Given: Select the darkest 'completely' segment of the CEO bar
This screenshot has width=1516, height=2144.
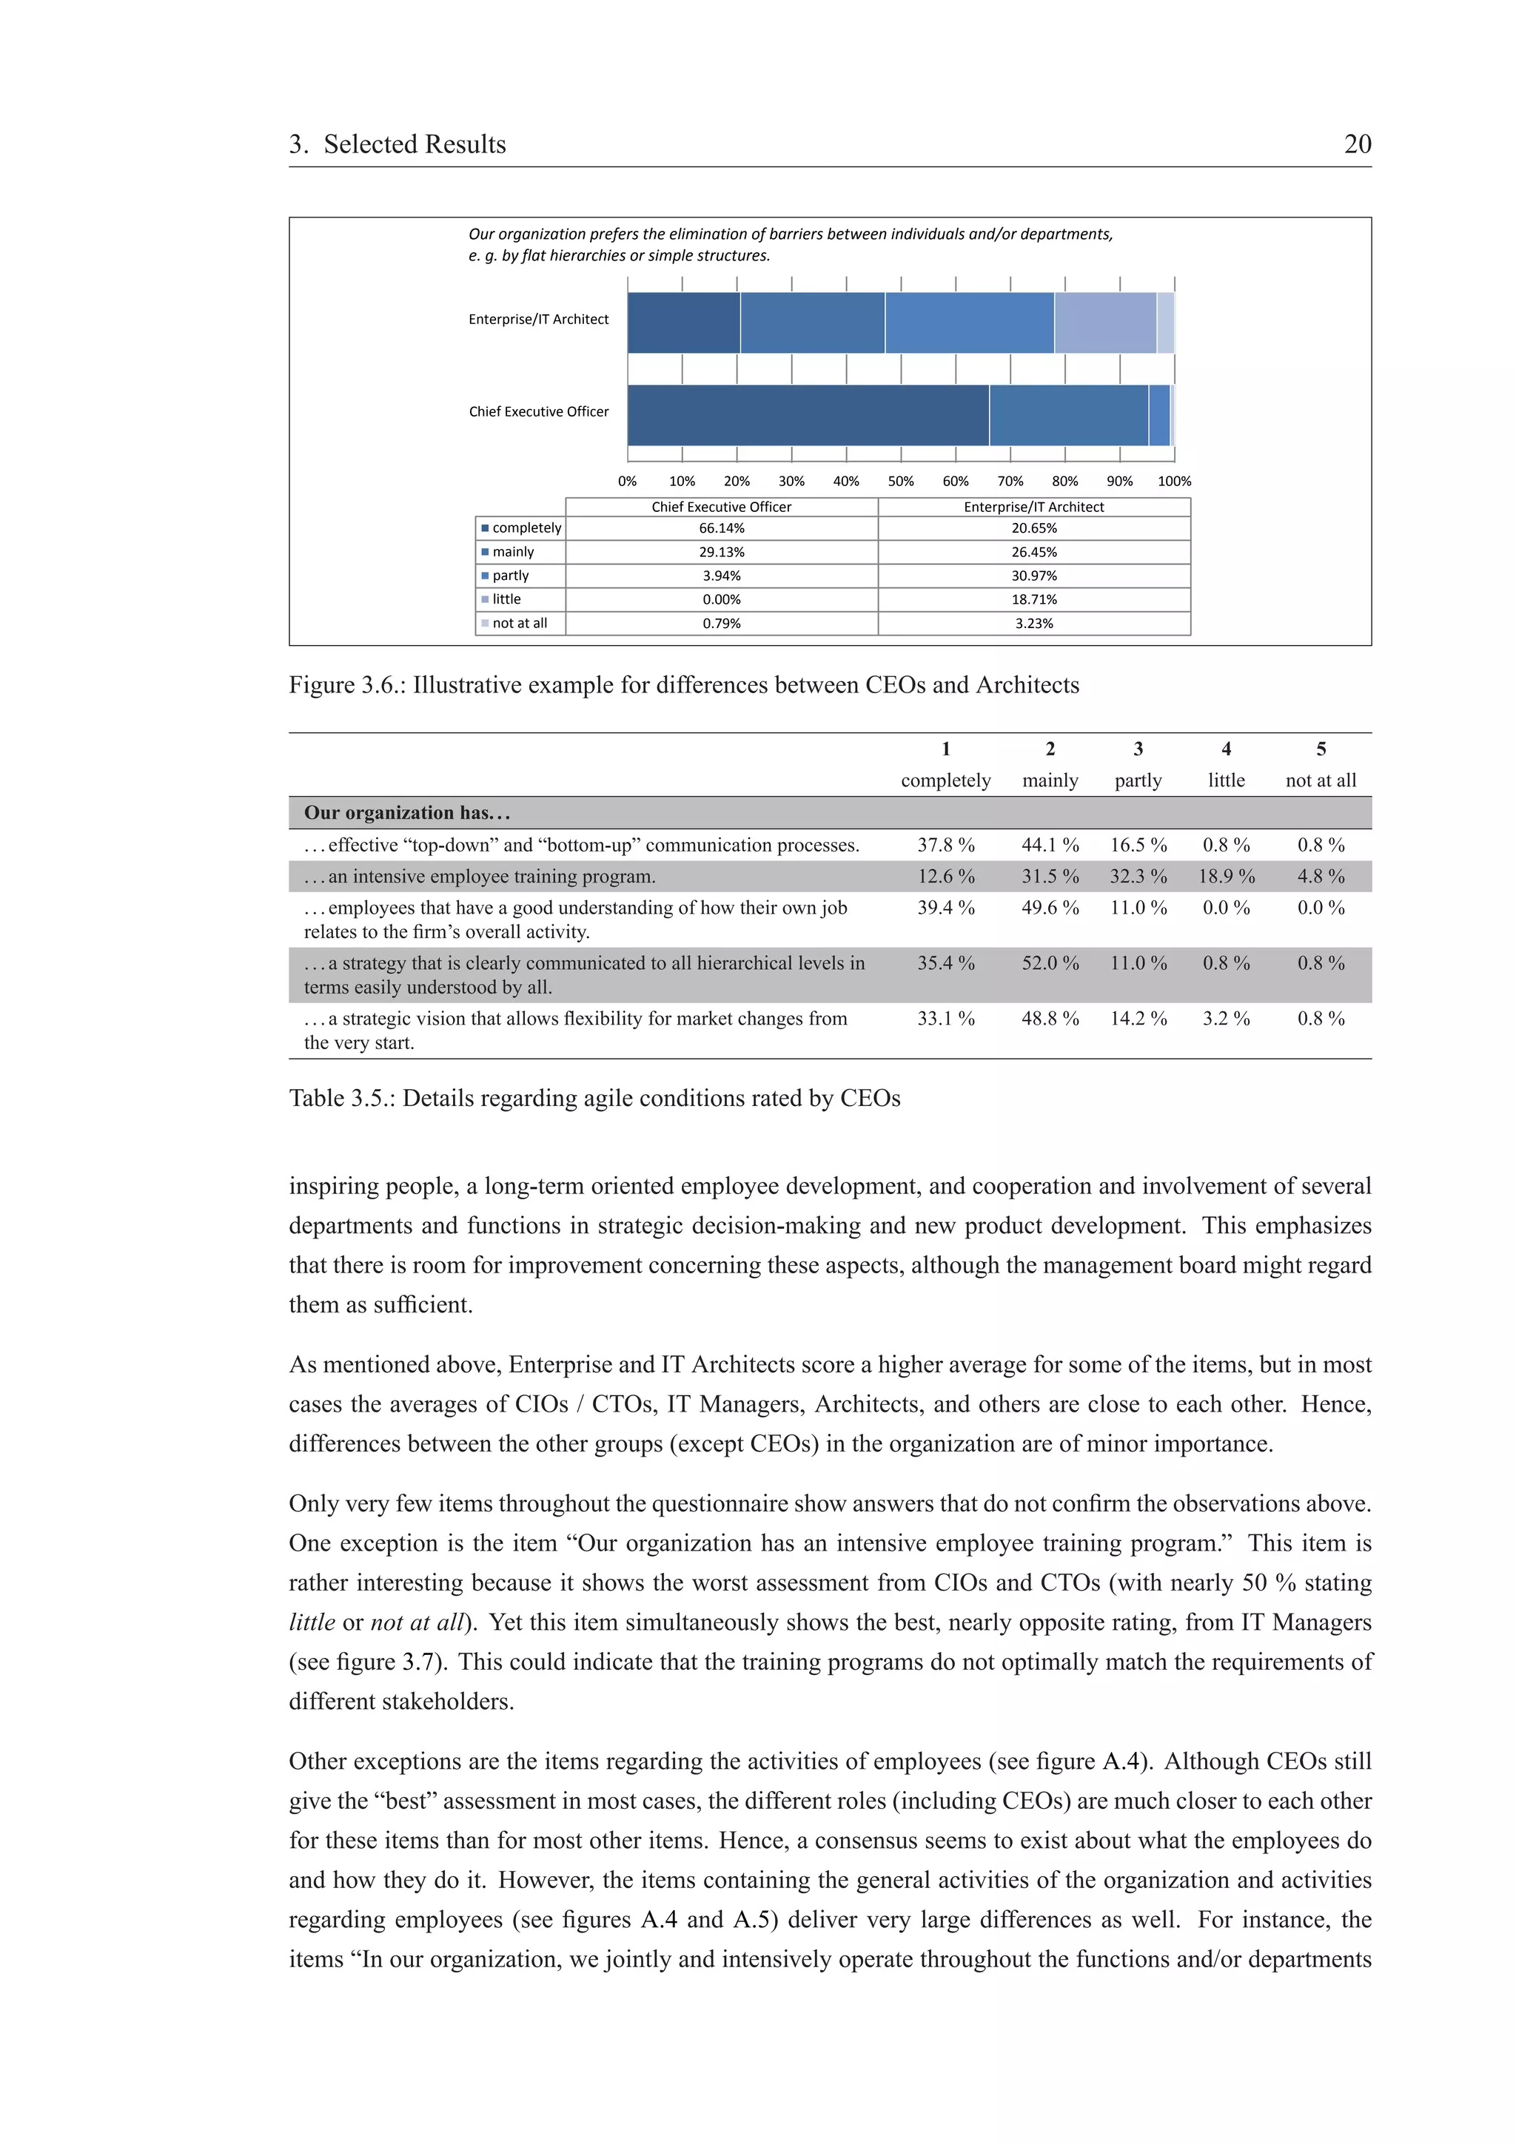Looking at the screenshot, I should pos(808,416).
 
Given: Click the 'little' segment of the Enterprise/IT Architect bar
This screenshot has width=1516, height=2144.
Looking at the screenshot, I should pos(1104,323).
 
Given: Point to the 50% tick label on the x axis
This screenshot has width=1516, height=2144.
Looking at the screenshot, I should pos(900,482).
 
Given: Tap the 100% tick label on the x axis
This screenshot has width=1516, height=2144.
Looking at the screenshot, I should pos(1174,482).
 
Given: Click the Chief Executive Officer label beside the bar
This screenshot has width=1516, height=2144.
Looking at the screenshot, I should pos(538,412).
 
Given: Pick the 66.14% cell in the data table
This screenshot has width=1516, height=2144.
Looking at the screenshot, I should pos(721,528).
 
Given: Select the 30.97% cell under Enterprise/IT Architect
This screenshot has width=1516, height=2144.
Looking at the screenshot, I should pos(1033,576).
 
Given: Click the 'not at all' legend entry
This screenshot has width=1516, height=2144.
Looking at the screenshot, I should pos(520,623).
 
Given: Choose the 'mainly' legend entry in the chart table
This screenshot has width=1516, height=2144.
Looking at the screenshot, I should pos(513,552).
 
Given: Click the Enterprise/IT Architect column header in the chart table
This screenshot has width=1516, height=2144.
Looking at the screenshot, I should pos(1033,507).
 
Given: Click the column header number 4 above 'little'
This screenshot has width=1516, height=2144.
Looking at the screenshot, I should pos(1226,749).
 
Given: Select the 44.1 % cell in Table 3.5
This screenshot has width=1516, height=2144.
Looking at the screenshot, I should pos(1049,845).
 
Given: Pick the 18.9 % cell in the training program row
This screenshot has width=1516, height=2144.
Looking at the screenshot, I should pos(1226,877).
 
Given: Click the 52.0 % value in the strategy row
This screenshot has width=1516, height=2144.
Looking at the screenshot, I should pos(1049,963).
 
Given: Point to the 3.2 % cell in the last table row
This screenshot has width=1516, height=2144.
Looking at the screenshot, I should pos(1226,1019).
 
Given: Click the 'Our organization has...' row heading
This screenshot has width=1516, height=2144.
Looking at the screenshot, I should pos(406,813).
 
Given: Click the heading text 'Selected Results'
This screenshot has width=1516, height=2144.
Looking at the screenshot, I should pos(414,145).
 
